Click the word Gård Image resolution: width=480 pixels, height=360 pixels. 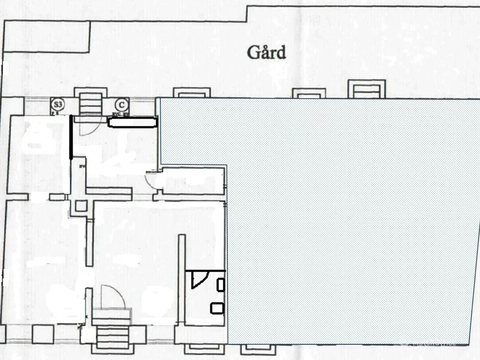[266, 53]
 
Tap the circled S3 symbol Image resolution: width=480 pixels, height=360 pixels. [57, 104]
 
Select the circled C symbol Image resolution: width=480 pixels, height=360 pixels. [121, 105]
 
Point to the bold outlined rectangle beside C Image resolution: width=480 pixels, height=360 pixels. [132, 122]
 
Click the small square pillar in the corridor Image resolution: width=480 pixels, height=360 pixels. [81, 206]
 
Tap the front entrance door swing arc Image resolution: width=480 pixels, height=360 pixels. [112, 296]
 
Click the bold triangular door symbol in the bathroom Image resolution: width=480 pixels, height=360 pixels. [199, 279]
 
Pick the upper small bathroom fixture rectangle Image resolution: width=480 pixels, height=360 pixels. [220, 285]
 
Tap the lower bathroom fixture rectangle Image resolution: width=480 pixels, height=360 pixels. [217, 308]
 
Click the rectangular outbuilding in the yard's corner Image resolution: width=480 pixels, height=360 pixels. [46, 36]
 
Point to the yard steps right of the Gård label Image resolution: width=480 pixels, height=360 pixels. [367, 89]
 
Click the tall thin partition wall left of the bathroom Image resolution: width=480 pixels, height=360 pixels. [182, 279]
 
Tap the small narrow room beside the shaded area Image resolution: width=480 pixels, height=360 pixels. [193, 180]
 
